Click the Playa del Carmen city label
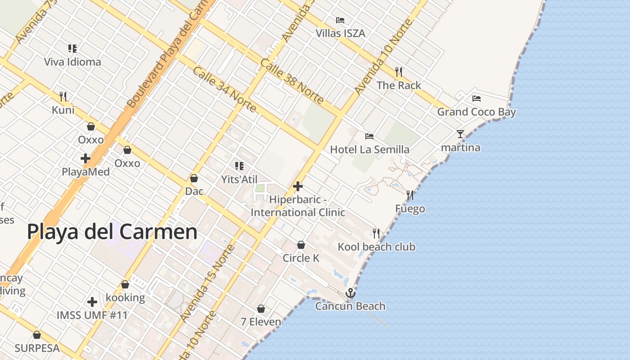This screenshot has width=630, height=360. point(112,232)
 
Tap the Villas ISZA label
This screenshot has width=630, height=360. point(340,33)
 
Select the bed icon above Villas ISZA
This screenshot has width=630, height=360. point(340,20)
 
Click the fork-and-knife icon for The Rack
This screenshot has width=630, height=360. point(398,72)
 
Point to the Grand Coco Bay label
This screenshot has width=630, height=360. point(477,112)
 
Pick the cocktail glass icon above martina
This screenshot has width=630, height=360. point(460,134)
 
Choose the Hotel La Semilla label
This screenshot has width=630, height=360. point(369,149)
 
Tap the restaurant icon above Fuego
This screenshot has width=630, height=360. point(410,195)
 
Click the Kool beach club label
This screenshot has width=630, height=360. point(376,247)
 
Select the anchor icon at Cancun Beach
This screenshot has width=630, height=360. point(350,293)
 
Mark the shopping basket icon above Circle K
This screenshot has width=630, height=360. point(301,245)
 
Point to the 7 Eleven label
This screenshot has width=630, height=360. point(261,322)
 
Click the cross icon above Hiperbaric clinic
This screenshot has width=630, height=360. point(297,186)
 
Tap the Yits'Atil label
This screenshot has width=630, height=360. point(239,180)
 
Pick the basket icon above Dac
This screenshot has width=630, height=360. point(194,179)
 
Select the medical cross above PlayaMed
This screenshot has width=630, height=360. point(85,158)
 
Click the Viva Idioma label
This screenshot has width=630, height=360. point(72,62)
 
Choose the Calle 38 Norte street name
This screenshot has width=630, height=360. point(292,81)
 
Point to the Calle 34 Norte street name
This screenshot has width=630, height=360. point(224,90)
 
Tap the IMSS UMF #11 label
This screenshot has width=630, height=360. point(92,315)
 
